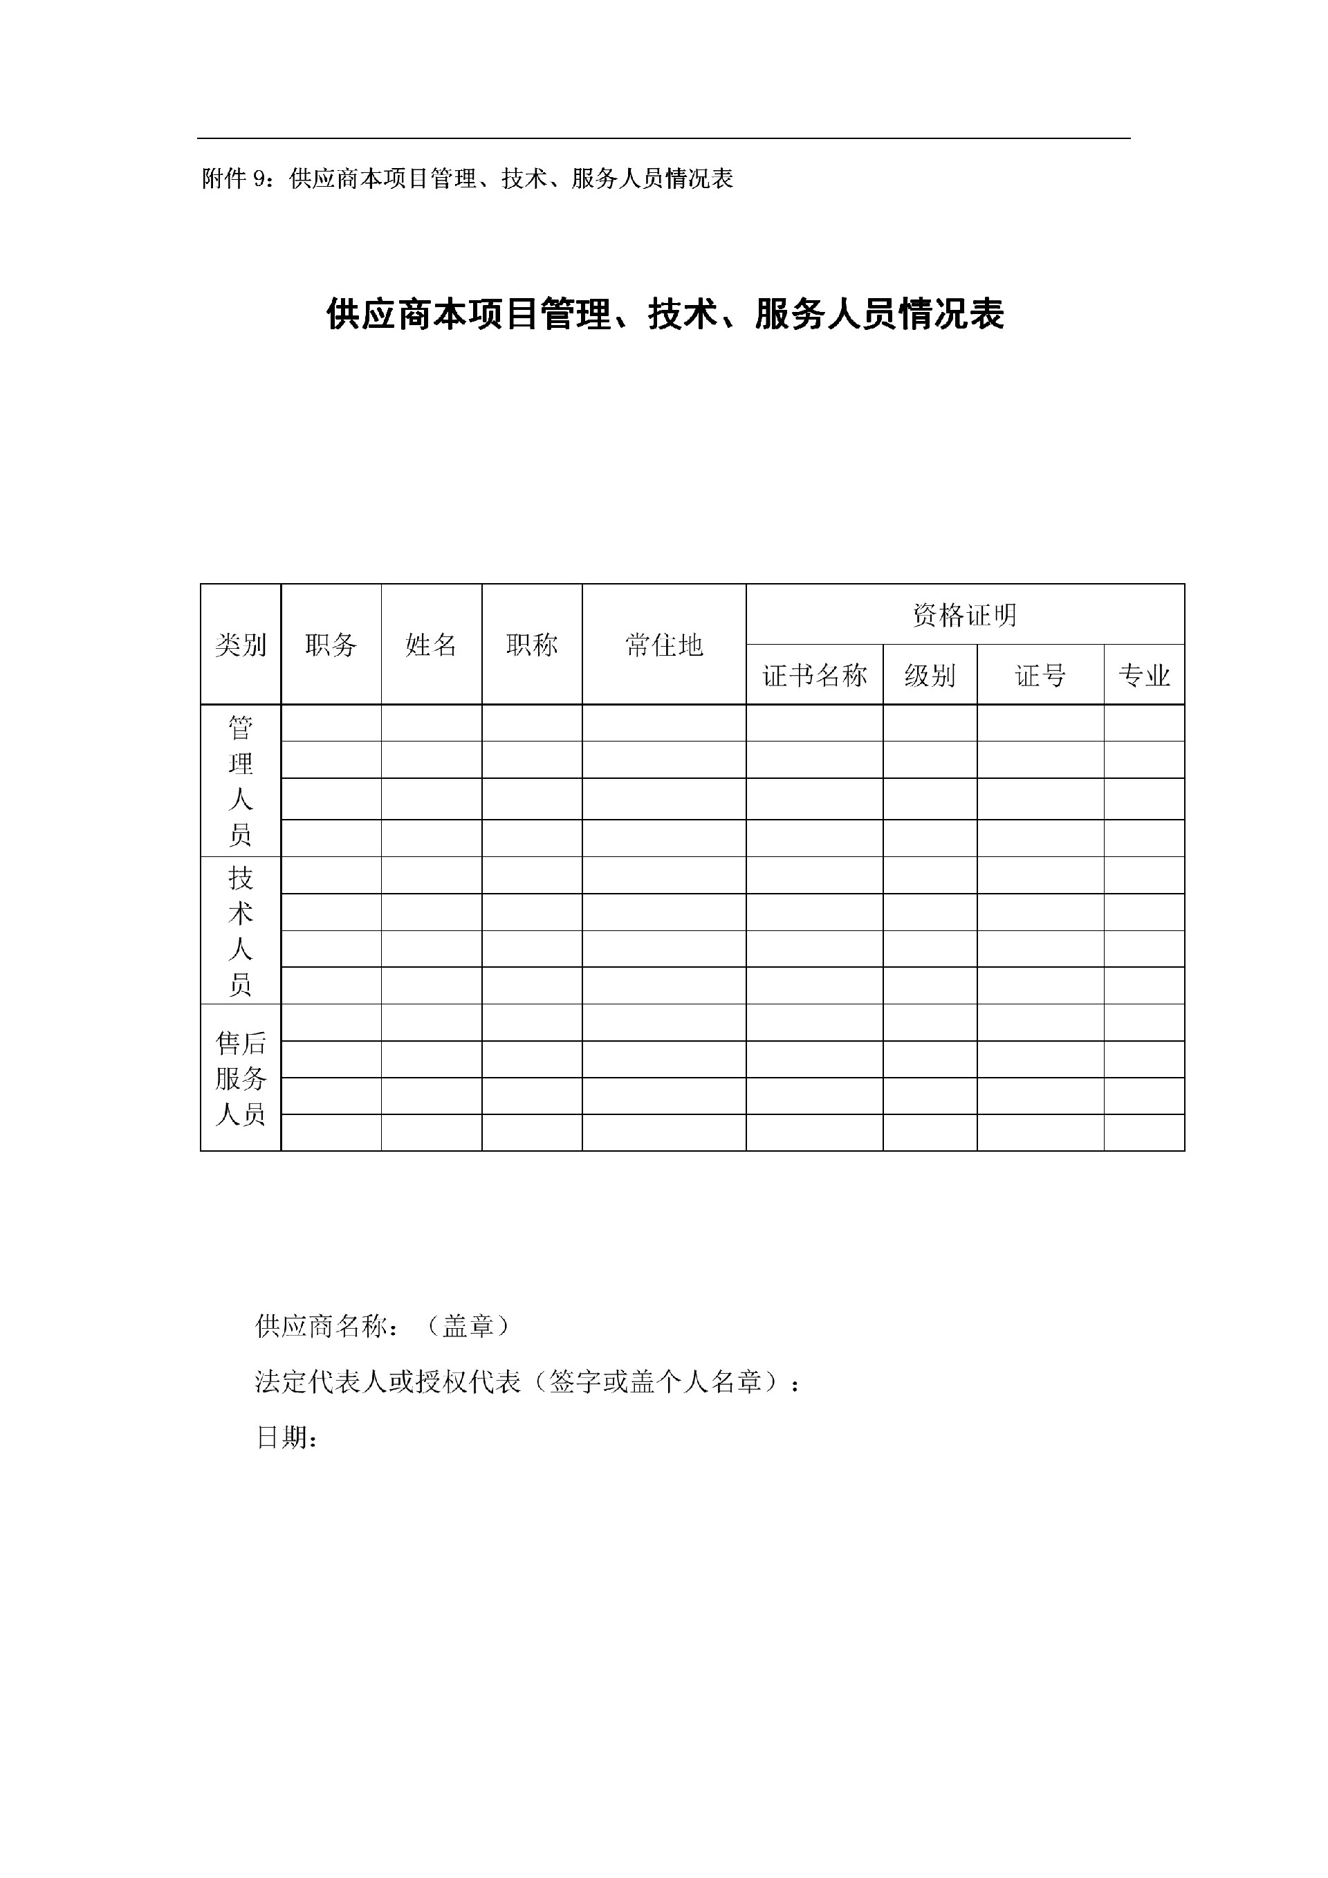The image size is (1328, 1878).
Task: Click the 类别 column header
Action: coord(241,645)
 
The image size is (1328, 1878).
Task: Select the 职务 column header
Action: coord(331,645)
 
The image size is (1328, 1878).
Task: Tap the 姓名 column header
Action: coord(431,645)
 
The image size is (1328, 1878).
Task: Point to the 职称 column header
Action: coord(531,645)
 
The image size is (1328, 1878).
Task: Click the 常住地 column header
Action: coord(664,645)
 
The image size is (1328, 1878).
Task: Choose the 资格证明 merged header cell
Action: coord(965,614)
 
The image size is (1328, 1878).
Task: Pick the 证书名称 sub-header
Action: coord(815,675)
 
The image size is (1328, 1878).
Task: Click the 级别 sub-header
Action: coord(930,675)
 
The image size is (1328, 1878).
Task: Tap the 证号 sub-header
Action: coord(1040,675)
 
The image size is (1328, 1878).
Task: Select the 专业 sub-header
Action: coord(1144,675)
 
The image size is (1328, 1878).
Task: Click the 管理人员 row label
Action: coord(241,780)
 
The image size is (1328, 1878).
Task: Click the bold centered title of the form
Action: coord(665,314)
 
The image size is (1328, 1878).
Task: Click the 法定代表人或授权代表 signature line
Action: coord(528,1381)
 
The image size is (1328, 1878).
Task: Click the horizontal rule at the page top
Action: coord(664,138)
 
